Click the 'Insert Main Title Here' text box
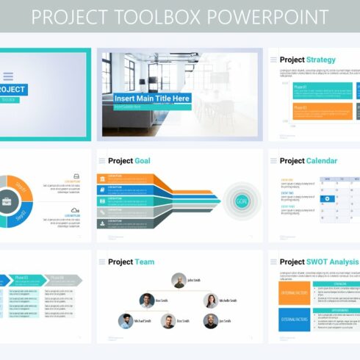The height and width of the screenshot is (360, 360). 152,98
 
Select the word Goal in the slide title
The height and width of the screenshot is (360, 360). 143,161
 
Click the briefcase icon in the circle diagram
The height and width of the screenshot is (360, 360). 6,201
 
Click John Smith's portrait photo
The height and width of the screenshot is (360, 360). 179,280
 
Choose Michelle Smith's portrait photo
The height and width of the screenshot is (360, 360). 211,300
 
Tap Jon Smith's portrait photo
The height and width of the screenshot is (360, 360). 210,321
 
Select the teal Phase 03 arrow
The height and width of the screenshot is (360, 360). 24,278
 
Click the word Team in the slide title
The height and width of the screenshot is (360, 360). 145,262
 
